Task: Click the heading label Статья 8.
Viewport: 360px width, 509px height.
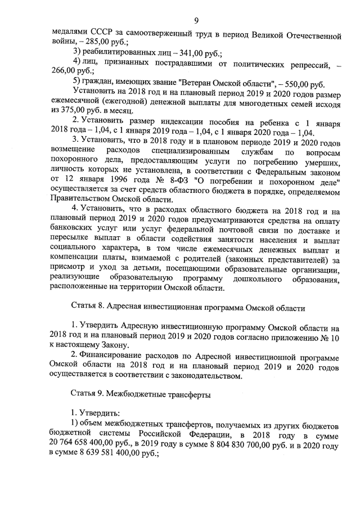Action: [90, 309]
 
